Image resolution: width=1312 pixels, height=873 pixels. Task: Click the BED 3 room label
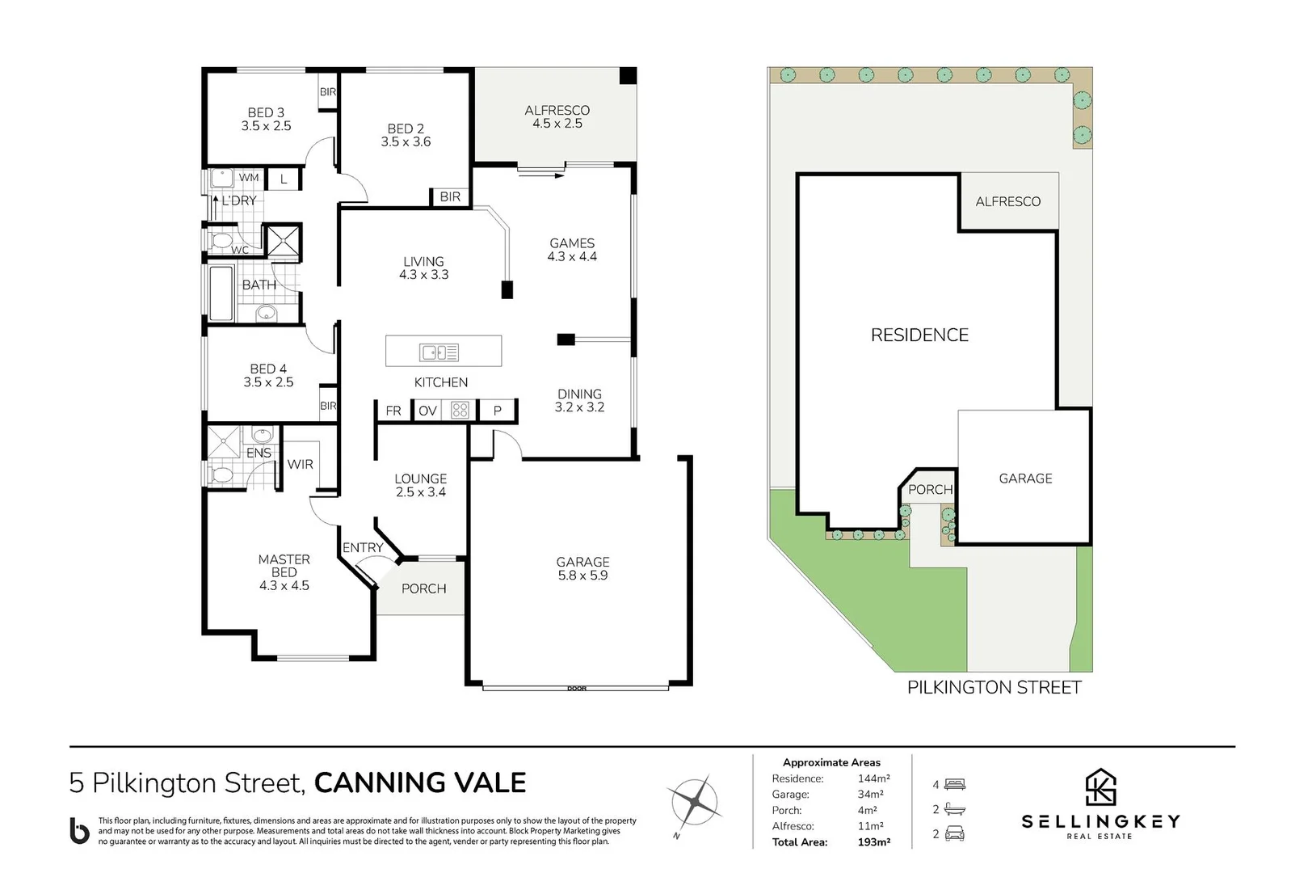(x=266, y=120)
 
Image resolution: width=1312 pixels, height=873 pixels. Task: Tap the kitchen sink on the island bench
(x=439, y=352)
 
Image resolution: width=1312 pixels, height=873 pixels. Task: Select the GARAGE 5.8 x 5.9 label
(x=582, y=568)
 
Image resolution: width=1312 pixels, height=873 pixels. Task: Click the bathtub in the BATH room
(x=222, y=293)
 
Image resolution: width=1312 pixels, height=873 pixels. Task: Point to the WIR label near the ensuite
(x=300, y=464)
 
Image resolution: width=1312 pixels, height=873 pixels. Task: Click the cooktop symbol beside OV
(x=460, y=411)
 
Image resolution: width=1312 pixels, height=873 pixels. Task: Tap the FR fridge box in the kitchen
(x=393, y=411)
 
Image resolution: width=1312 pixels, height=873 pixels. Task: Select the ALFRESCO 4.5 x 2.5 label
(x=557, y=116)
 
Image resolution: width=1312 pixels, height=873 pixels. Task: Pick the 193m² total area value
(x=873, y=842)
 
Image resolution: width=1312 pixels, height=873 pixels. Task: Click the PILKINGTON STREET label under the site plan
(x=994, y=688)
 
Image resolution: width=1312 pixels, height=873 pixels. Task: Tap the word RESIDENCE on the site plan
(x=919, y=335)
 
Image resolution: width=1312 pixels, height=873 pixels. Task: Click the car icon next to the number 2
(x=955, y=833)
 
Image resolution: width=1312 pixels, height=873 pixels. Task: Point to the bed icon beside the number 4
(x=955, y=784)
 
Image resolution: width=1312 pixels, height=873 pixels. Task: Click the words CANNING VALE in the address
(x=419, y=782)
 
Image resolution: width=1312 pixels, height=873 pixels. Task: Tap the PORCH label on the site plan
(x=930, y=489)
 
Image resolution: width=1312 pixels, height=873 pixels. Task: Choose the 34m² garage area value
(x=870, y=795)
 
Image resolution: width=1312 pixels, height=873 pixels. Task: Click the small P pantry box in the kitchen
(x=498, y=411)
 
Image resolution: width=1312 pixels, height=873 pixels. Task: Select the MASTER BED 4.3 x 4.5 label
(x=284, y=572)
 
